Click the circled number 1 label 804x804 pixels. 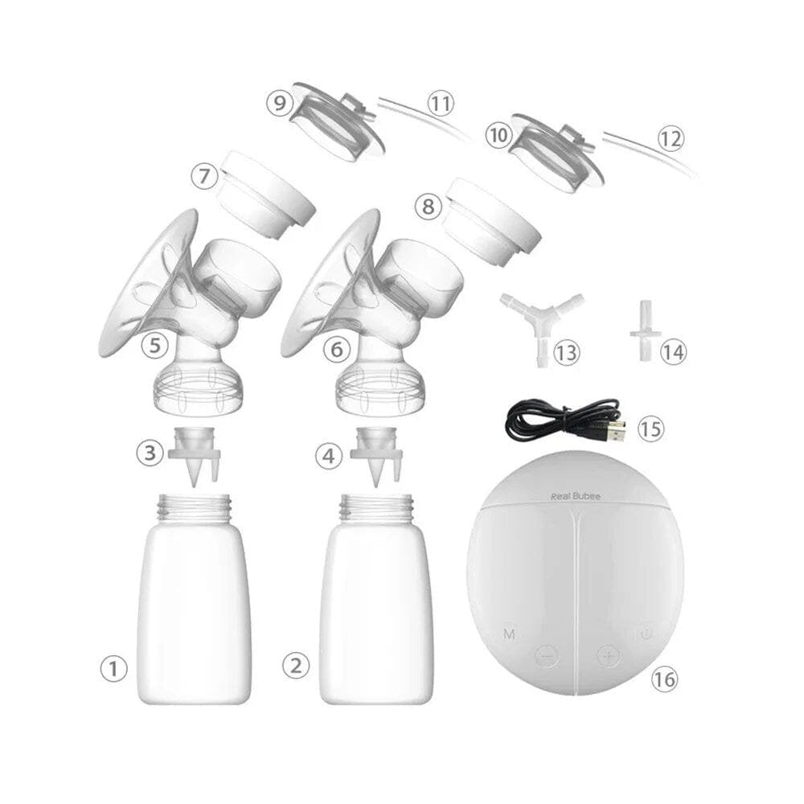pos(113,668)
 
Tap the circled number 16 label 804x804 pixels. pos(664,679)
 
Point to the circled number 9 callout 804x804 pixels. pos(280,103)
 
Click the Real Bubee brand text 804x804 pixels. pos(576,497)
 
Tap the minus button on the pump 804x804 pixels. pos(547,655)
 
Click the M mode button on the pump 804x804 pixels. pos(509,634)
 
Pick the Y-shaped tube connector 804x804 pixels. pos(541,318)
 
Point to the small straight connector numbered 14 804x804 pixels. pos(645,328)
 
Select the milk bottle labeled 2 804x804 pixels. pos(376,611)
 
